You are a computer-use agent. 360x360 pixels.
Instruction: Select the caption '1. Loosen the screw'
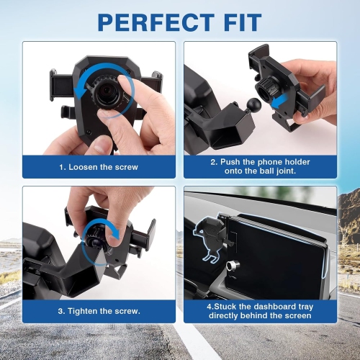(99, 166)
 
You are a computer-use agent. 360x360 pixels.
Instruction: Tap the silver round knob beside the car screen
(231, 265)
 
